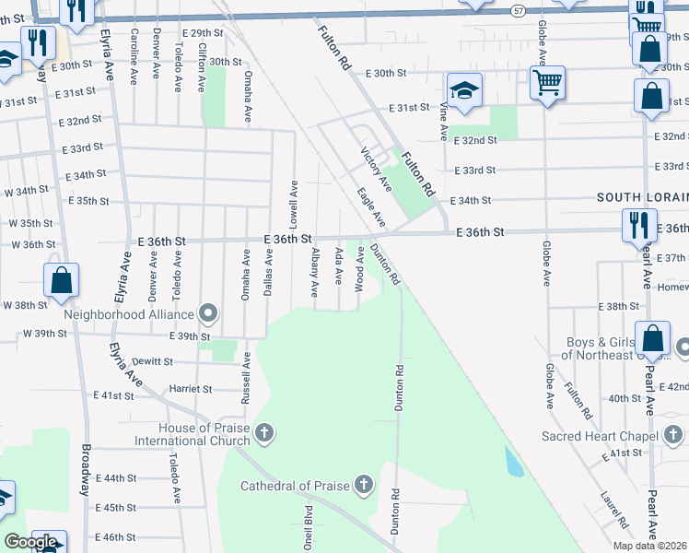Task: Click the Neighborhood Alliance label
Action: (x=131, y=314)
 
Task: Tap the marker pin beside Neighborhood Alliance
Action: (x=208, y=314)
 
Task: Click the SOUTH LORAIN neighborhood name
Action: (x=642, y=197)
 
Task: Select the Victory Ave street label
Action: (x=377, y=169)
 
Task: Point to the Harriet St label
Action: (x=191, y=389)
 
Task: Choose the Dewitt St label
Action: (x=152, y=361)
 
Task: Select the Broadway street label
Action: (x=85, y=471)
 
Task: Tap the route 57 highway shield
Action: (x=519, y=9)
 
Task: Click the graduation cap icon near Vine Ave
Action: (x=464, y=90)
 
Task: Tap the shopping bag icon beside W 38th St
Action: (x=61, y=281)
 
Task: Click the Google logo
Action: (x=30, y=542)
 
